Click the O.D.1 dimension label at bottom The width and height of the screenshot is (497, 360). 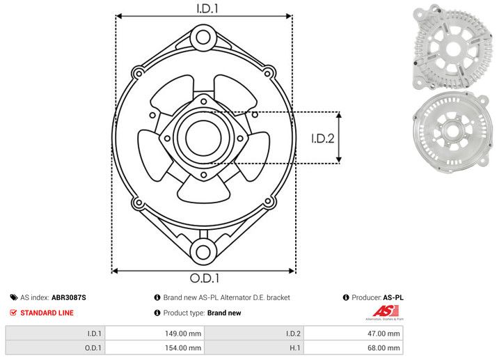click(x=204, y=279)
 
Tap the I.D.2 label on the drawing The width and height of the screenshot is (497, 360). click(x=322, y=138)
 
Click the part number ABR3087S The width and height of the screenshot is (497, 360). click(x=69, y=297)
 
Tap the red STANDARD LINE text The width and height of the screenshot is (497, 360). click(x=47, y=313)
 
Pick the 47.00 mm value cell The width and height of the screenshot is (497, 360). click(x=384, y=334)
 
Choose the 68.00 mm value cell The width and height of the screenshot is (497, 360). click(x=384, y=348)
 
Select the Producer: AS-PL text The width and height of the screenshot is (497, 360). click(x=377, y=297)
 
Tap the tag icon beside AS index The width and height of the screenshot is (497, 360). click(x=14, y=297)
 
